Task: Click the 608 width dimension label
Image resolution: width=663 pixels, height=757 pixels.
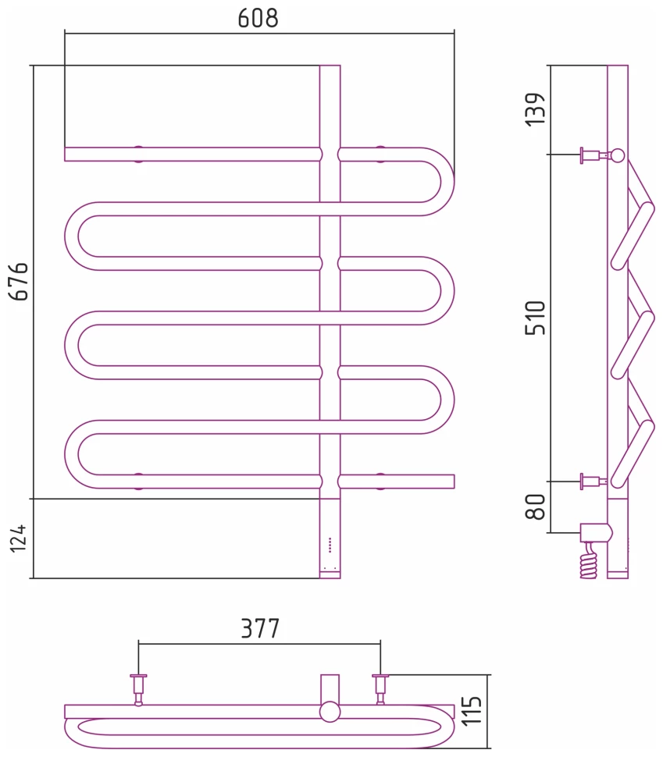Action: tap(258, 18)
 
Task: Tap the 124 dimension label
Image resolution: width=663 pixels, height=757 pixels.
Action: tap(19, 538)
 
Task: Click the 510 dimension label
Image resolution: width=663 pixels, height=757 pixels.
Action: tap(536, 318)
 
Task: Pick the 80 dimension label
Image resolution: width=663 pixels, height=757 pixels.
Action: tap(535, 506)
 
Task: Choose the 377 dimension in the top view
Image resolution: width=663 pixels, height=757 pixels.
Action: tap(259, 628)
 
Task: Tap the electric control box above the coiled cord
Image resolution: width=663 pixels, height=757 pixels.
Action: tap(597, 534)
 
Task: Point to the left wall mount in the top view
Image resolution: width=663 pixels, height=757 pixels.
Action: tap(139, 686)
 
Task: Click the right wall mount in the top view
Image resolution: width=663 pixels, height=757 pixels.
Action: tap(380, 686)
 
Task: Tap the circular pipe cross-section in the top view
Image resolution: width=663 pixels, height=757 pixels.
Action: tap(330, 712)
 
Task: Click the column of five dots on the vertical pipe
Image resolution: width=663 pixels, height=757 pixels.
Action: tap(330, 544)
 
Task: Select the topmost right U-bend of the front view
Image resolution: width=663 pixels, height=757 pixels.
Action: tap(437, 181)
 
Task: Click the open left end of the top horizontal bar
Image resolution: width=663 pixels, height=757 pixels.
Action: tap(67, 154)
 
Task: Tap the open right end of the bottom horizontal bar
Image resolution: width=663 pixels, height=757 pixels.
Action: tap(451, 482)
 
